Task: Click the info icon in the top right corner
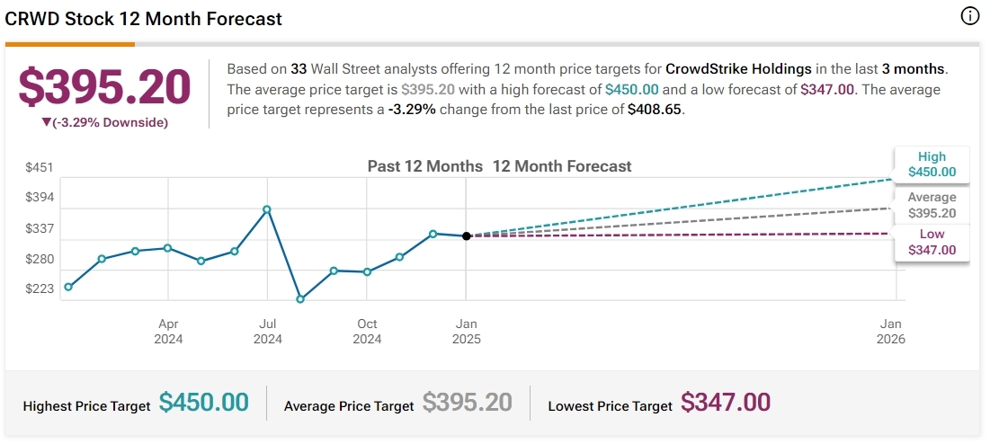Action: coord(969,16)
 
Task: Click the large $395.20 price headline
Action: coord(105,87)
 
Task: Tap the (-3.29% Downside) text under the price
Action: coord(105,122)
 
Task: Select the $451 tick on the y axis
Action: coord(39,167)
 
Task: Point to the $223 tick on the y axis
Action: coord(39,289)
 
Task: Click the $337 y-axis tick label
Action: coord(39,228)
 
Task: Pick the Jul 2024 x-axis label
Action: coord(267,331)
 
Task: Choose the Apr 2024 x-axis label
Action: coord(168,331)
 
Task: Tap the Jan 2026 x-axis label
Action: coord(891,331)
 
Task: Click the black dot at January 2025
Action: coord(466,236)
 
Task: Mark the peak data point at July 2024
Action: coord(267,209)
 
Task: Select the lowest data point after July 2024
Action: coord(300,299)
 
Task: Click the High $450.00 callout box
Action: coord(932,164)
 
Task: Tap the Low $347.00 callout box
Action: coord(932,242)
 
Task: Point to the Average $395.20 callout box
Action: coord(932,205)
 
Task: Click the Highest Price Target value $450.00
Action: coord(203,403)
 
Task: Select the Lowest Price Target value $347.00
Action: coord(725,403)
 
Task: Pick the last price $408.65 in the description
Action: coord(656,109)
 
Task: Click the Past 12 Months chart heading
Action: coord(425,166)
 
